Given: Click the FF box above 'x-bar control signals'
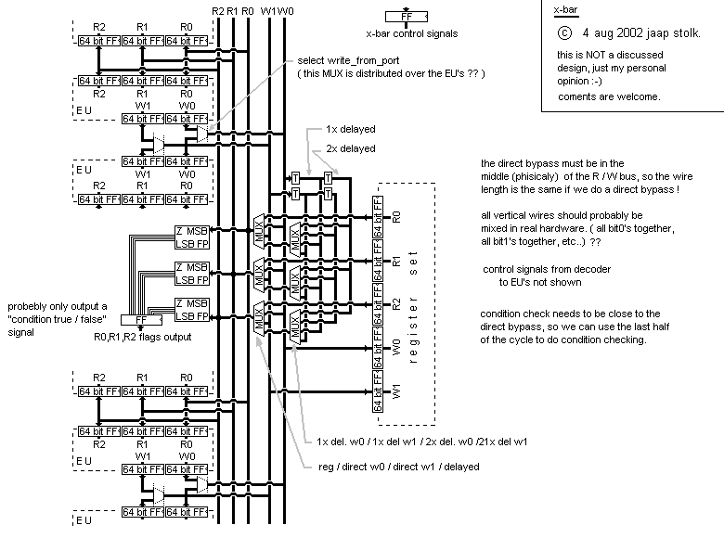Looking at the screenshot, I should (x=407, y=16).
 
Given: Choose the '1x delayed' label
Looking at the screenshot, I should (x=351, y=130).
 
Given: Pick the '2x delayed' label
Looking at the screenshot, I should (x=351, y=148).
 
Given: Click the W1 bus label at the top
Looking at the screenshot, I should (x=268, y=10).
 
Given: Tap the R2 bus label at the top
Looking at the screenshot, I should (x=218, y=10).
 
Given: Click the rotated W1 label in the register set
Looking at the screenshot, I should (x=397, y=391).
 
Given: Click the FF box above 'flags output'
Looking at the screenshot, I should (x=141, y=320).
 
